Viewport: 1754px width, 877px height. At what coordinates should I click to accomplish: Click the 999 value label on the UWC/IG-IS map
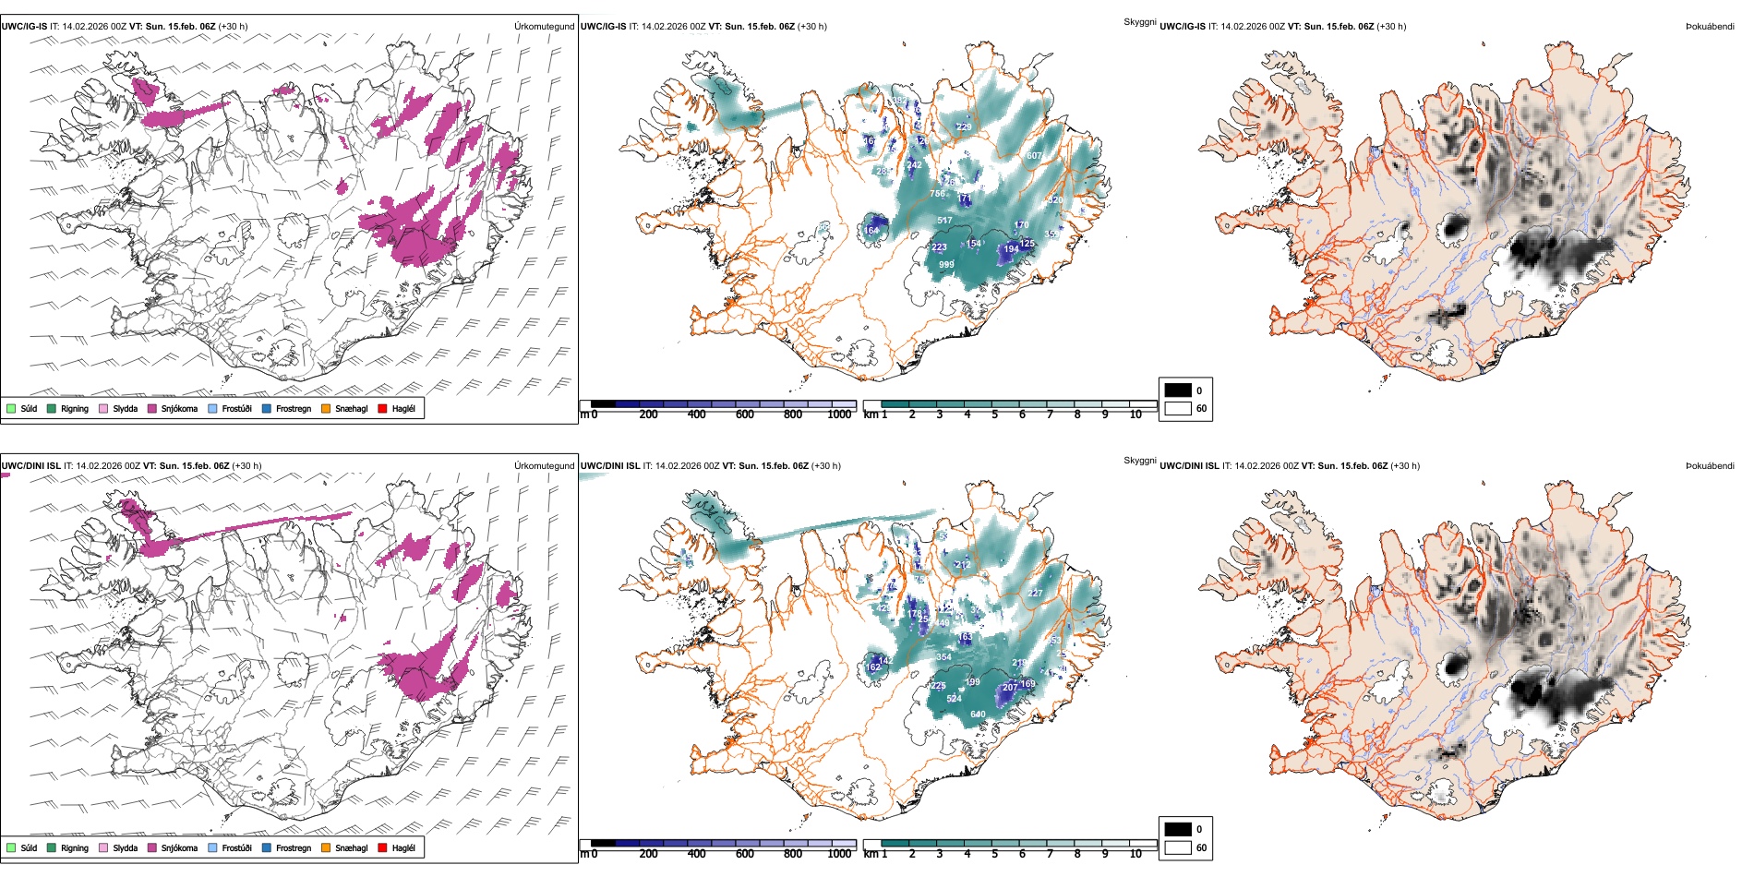coord(946,265)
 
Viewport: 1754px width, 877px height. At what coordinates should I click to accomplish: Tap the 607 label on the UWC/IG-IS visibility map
coord(1034,156)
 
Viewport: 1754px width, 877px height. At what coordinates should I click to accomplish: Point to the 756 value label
coord(937,194)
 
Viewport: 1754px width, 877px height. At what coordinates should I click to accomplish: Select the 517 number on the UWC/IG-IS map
coord(944,221)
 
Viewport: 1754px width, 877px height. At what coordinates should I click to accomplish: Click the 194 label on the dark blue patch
coord(1012,249)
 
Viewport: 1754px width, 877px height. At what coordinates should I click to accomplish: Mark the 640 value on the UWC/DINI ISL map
coord(978,714)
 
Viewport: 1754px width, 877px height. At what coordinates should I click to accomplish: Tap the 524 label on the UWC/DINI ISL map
coord(955,699)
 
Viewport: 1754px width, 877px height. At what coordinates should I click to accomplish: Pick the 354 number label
coord(943,657)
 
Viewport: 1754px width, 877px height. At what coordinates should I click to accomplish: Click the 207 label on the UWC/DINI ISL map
coord(1010,687)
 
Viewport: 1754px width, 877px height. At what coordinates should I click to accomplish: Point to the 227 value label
coord(1035,594)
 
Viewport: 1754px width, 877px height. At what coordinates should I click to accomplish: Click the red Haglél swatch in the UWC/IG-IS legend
coord(383,408)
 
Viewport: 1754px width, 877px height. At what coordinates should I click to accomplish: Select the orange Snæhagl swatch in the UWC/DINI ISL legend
coord(326,847)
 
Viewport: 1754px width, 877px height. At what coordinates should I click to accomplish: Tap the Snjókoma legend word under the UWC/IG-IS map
coord(179,409)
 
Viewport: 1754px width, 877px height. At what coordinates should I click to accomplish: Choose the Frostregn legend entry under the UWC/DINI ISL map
coord(293,848)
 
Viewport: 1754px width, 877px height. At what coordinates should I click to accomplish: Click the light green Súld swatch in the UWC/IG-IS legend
coord(11,408)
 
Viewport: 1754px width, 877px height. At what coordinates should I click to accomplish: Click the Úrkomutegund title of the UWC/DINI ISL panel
coord(544,465)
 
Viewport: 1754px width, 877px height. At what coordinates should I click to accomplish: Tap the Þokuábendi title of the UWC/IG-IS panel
coord(1710,27)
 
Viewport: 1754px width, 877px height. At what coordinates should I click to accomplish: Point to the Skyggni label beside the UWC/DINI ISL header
coord(1139,460)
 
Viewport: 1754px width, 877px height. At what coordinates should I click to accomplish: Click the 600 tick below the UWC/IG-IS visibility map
coord(744,414)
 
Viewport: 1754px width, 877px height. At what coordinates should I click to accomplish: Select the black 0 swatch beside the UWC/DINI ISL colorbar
coord(1178,829)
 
